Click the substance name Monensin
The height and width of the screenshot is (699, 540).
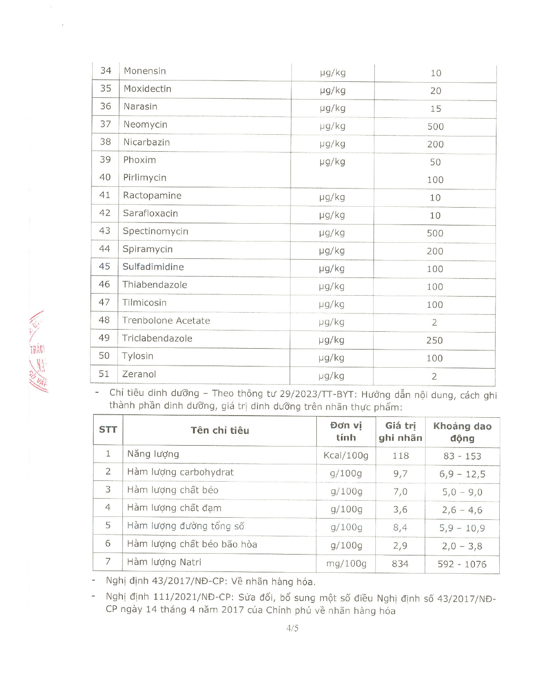click(144, 71)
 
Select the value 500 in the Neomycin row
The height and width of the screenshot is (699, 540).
click(435, 127)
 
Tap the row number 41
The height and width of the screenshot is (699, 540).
click(105, 195)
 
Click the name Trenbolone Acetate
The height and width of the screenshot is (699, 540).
click(166, 321)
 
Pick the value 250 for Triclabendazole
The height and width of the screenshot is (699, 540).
click(435, 341)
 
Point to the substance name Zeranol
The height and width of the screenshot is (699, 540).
click(139, 374)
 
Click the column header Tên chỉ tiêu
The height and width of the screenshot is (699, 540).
click(220, 431)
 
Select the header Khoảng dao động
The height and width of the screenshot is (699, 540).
click(462, 432)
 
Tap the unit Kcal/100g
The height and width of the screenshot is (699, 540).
click(346, 456)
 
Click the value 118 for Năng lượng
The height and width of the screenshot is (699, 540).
click(400, 456)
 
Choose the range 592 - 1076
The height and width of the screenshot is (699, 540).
click(462, 564)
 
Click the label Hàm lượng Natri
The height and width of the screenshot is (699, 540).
click(164, 562)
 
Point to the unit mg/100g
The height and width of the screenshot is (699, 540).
click(346, 564)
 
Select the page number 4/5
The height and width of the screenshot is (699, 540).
click(292, 628)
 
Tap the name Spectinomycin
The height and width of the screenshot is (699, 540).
click(155, 231)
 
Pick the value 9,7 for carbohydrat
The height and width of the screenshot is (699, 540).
click(400, 474)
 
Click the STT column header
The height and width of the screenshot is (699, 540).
click(108, 430)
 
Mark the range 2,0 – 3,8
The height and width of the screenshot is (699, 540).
click(462, 546)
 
